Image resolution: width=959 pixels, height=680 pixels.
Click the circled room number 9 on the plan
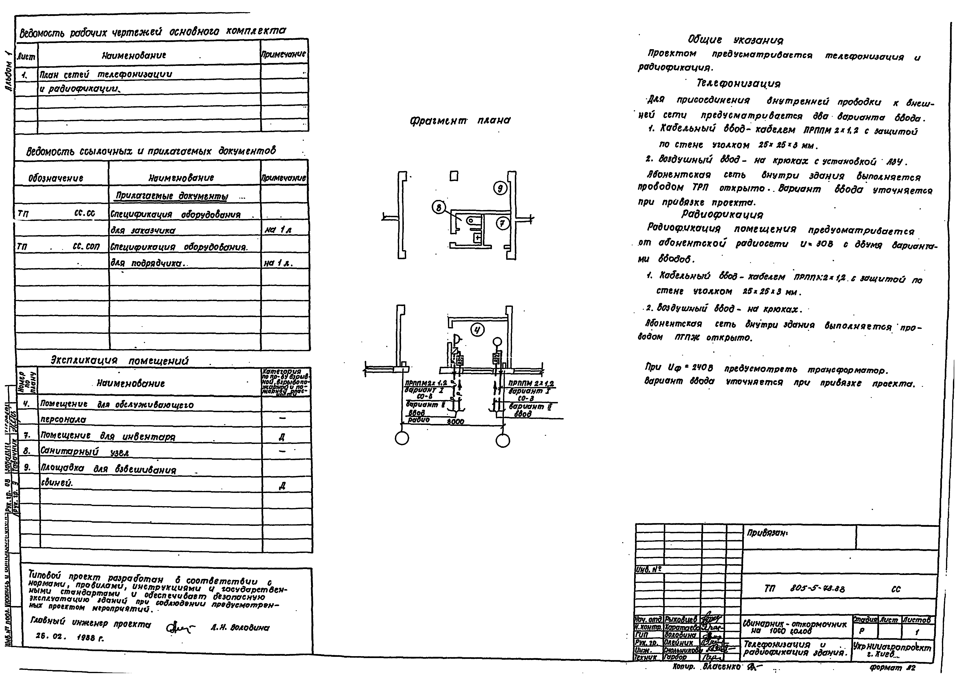[x=500, y=189]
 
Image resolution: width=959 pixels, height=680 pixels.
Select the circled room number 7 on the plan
[x=502, y=224]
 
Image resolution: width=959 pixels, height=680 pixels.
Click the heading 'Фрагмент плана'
[x=460, y=121]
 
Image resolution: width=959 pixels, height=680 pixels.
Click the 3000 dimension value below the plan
[x=455, y=422]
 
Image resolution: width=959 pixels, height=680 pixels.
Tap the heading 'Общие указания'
[x=735, y=40]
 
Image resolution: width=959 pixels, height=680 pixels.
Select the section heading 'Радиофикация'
[x=722, y=214]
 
